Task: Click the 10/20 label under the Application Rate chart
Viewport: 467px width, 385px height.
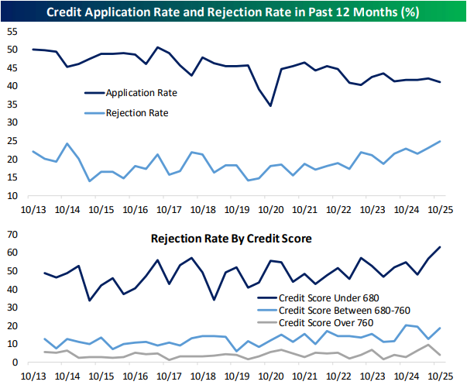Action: click(x=271, y=209)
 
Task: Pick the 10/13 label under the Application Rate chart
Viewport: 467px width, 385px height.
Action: click(x=33, y=209)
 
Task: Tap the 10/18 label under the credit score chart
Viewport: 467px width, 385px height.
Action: click(x=203, y=375)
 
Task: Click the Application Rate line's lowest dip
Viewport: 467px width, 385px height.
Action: click(x=270, y=105)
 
